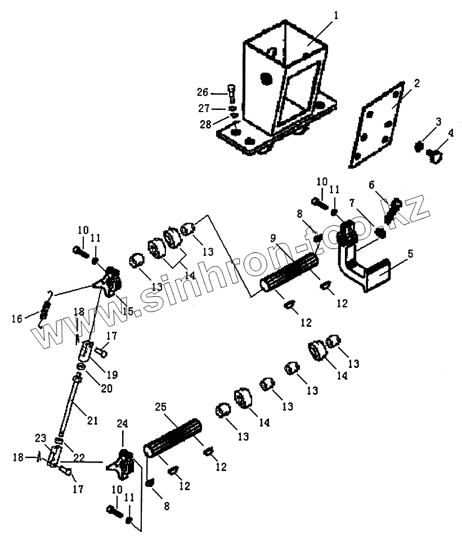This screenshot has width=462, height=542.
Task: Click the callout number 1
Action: tap(336, 16)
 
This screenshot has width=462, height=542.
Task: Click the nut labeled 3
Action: tap(419, 147)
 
